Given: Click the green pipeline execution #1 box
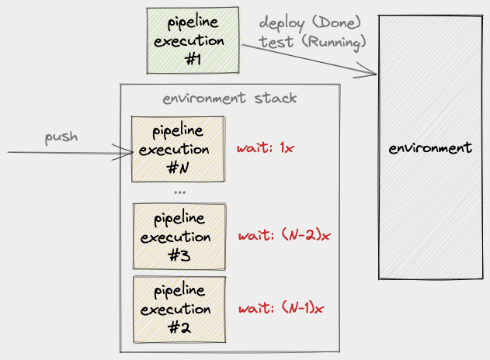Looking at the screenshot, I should point(192,41).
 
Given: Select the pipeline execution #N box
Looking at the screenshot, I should point(178,149).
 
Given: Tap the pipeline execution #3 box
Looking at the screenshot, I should point(180,236).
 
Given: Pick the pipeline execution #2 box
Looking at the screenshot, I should point(180,308).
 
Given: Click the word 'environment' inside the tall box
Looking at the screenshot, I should point(430,147).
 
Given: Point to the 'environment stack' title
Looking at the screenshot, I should point(229,99).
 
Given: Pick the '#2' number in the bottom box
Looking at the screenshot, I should point(179,327).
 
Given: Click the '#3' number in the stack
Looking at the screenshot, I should point(179,254).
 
